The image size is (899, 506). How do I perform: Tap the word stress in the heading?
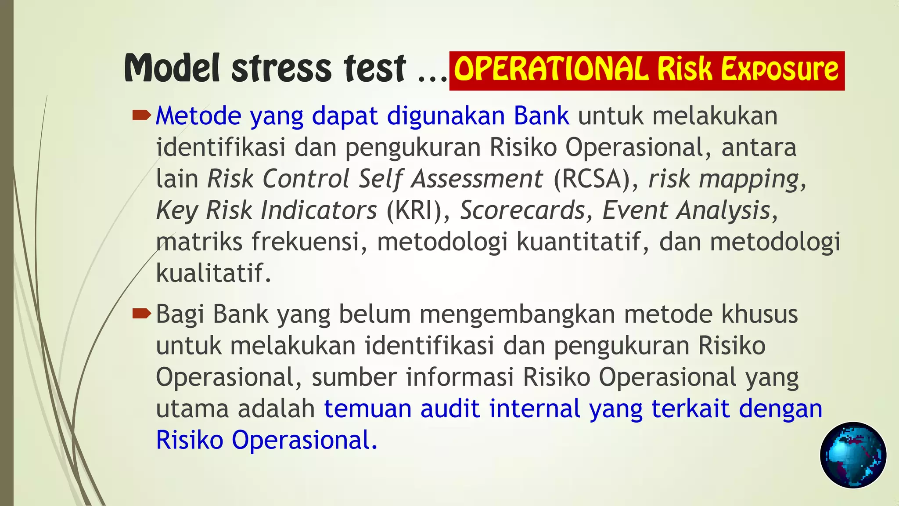click(281, 69)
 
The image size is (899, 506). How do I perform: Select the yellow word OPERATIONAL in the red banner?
click(551, 69)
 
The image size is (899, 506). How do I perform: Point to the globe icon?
click(853, 455)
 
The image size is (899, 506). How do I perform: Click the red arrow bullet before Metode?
click(141, 116)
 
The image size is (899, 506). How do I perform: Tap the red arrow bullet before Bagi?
click(141, 314)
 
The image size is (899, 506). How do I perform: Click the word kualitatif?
click(213, 273)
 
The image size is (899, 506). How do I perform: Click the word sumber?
click(354, 377)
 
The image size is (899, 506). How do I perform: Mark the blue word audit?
click(449, 408)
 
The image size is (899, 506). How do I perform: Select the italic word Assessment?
click(477, 179)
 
